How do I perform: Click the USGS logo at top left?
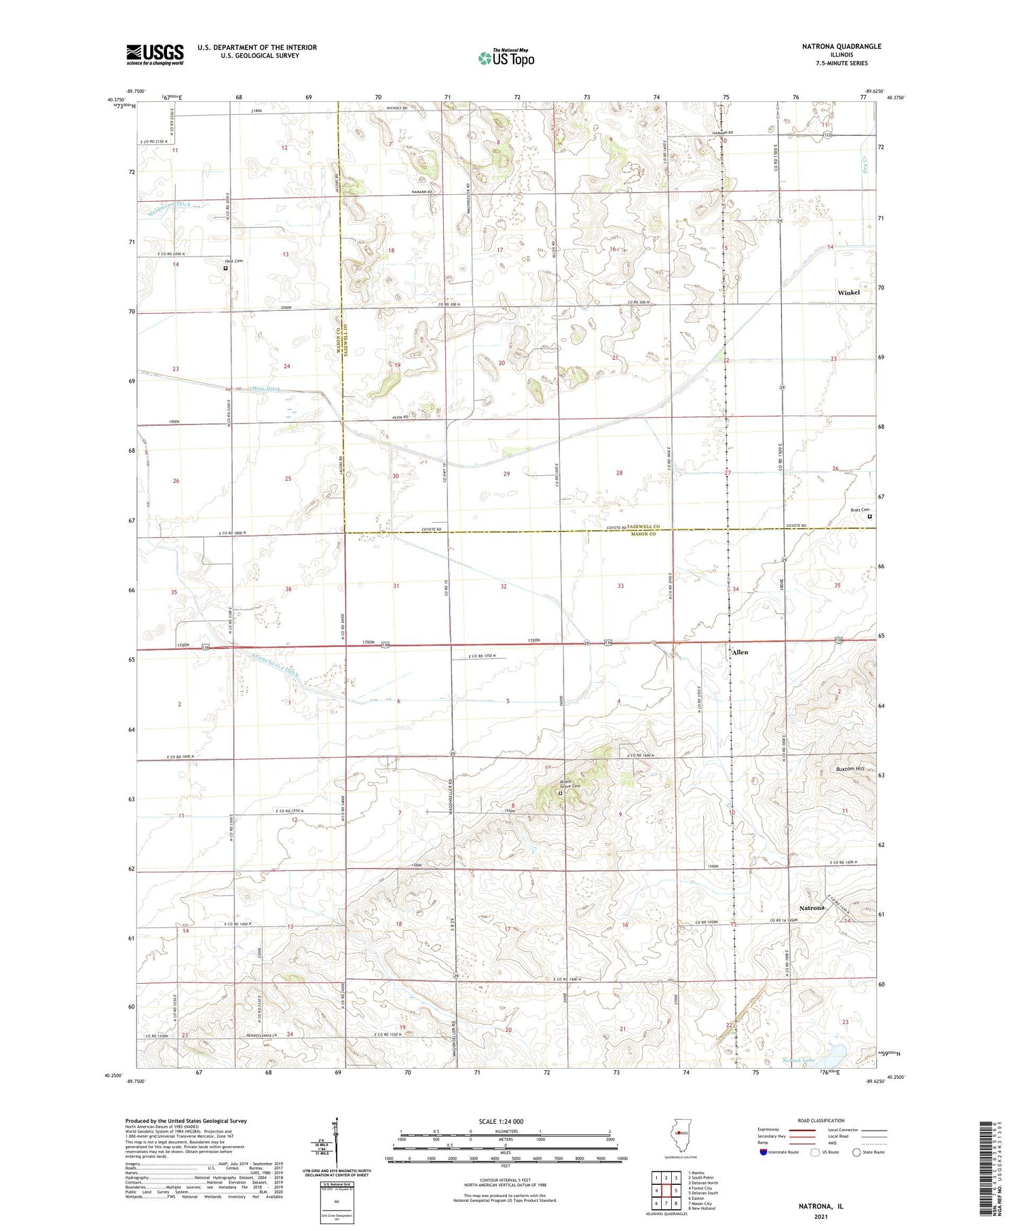pyautogui.click(x=155, y=54)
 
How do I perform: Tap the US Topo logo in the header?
pyautogui.click(x=506, y=58)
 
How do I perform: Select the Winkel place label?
pyautogui.click(x=848, y=293)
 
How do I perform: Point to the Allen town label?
pyautogui.click(x=740, y=652)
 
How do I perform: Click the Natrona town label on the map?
pyautogui.click(x=811, y=908)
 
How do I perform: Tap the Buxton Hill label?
pyautogui.click(x=850, y=769)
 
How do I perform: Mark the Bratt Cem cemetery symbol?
pyautogui.click(x=869, y=516)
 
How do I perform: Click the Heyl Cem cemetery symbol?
pyautogui.click(x=226, y=268)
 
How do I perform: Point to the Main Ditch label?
pyautogui.click(x=265, y=389)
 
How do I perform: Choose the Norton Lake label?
pyautogui.click(x=816, y=1060)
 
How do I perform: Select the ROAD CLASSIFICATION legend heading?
pyautogui.click(x=821, y=1120)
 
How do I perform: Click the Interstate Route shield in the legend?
pyautogui.click(x=763, y=1152)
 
